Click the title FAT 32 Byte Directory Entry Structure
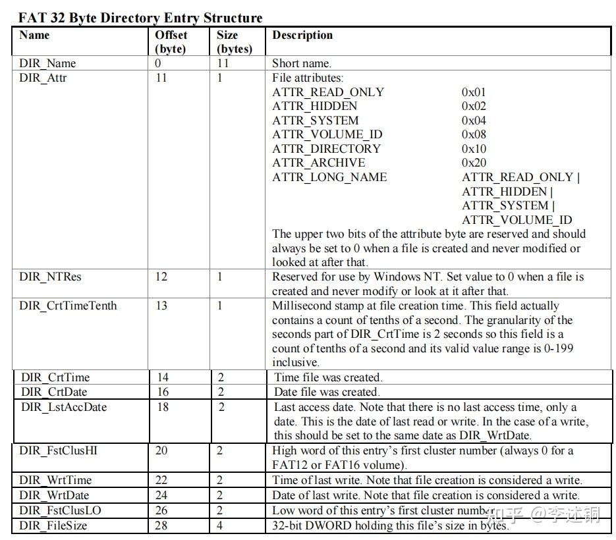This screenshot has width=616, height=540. click(x=140, y=17)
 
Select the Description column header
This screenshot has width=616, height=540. click(x=302, y=36)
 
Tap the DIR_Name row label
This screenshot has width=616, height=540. click(x=47, y=63)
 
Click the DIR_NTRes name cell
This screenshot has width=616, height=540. click(x=50, y=277)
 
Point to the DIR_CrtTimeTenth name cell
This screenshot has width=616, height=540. click(x=68, y=306)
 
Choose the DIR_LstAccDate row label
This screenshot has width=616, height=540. click(x=64, y=407)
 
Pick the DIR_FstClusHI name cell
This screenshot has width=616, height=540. click(x=59, y=450)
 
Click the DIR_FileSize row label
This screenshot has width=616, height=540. click(x=53, y=526)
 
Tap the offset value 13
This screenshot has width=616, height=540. click(x=161, y=306)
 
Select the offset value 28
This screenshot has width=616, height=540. click(x=161, y=526)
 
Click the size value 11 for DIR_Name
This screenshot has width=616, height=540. click(x=223, y=63)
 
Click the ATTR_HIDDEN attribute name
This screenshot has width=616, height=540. click(x=315, y=106)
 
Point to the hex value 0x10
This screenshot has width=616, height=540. click(x=474, y=149)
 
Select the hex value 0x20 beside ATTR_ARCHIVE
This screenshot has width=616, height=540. click(x=474, y=163)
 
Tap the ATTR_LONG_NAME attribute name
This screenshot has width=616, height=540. click(x=329, y=177)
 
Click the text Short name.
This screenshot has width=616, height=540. click(x=302, y=63)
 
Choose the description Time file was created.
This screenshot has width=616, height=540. click(x=328, y=377)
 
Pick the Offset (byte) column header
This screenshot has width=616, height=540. click(x=171, y=41)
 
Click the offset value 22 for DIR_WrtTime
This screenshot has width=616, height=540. click(x=161, y=480)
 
